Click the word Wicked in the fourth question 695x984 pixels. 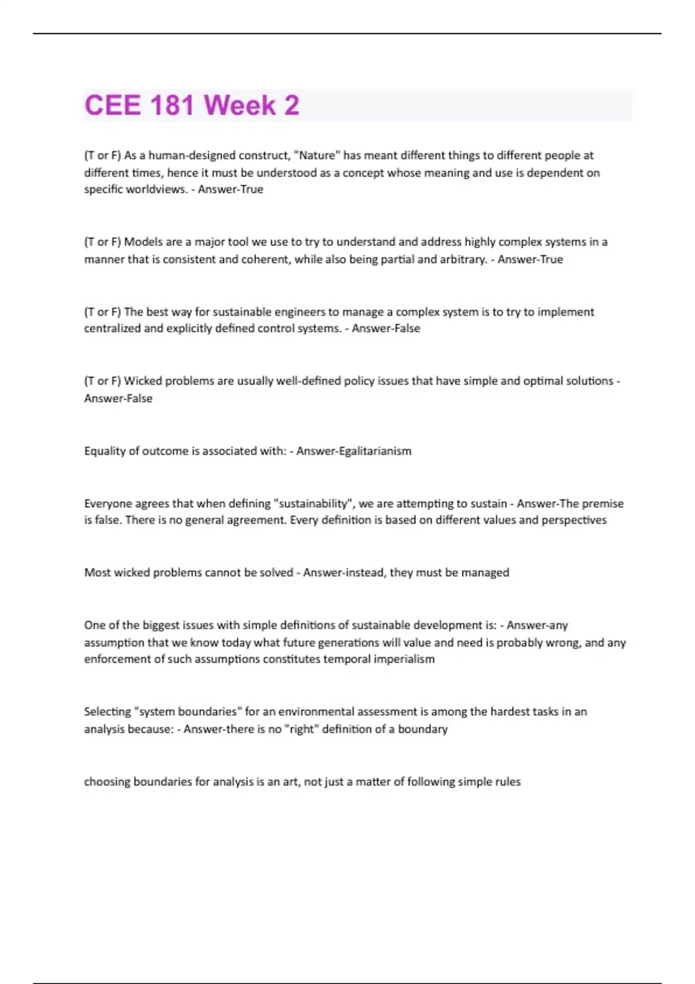click(143, 381)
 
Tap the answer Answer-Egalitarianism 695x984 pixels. click(354, 451)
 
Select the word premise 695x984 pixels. click(602, 504)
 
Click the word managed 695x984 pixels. click(485, 572)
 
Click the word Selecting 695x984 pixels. click(107, 711)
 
